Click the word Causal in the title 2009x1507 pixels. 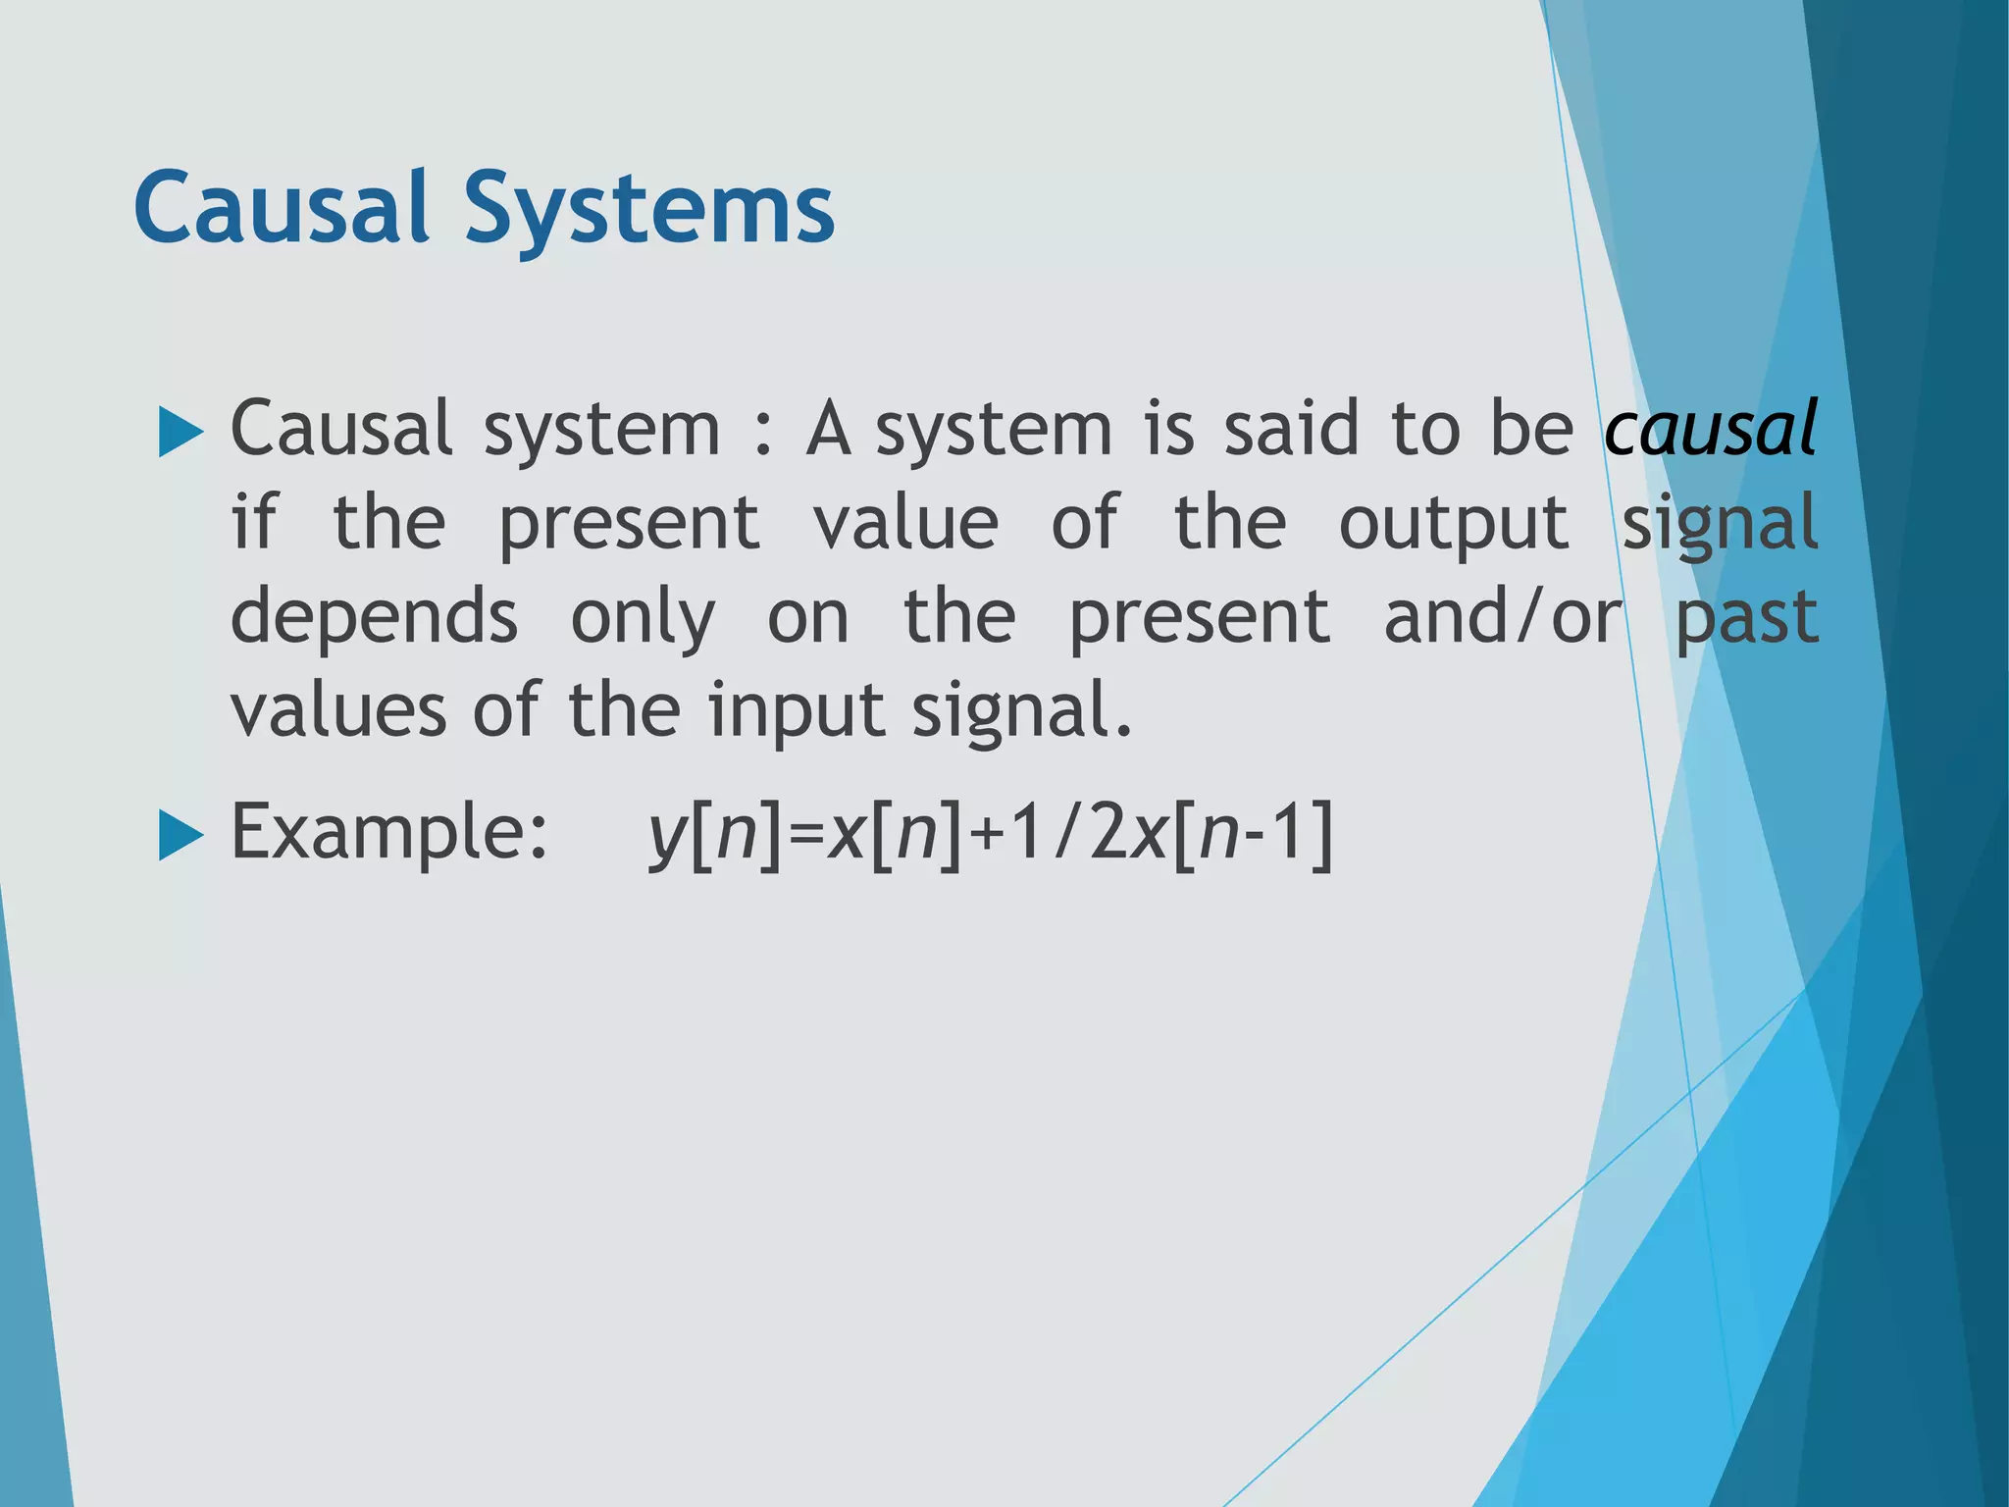pos(282,208)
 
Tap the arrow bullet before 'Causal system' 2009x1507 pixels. pos(180,433)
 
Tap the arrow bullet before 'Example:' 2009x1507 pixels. pos(180,836)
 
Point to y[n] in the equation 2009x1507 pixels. pos(714,836)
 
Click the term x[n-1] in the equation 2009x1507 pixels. pos(1231,836)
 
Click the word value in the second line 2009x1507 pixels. pos(905,523)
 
